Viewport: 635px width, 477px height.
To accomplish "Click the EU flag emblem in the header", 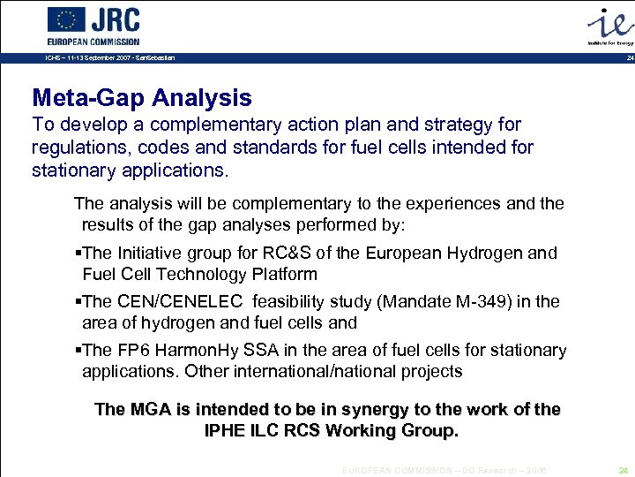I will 66,19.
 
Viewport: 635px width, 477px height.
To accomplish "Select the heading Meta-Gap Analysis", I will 141,98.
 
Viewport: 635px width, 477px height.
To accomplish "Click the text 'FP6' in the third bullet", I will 133,350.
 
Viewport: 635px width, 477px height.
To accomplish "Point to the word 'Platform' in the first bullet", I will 283,274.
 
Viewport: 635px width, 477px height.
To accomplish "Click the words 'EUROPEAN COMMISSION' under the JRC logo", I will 93,42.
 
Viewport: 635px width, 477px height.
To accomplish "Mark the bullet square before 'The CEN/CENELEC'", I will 78,302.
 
